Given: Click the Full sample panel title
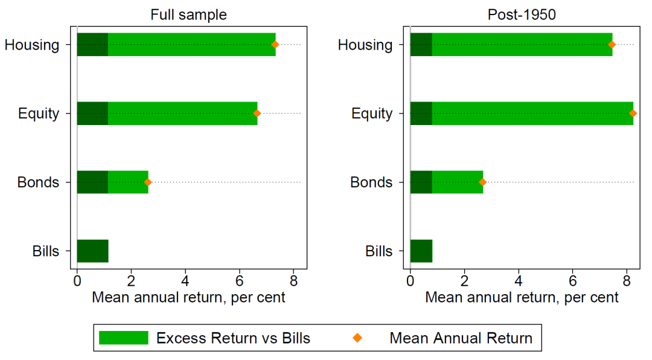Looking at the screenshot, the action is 188,15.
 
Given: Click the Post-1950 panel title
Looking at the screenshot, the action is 522,15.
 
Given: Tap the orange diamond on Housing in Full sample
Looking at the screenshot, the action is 275,45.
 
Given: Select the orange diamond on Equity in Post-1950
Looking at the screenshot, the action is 633,113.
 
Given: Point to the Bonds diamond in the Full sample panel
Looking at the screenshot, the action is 148,182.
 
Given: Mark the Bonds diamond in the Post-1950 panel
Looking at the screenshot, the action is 482,182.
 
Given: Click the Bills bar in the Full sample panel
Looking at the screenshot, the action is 93,251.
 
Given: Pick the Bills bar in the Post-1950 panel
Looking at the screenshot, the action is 421,251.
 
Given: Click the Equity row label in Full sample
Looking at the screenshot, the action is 39,114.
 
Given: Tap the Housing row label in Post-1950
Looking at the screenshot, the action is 365,45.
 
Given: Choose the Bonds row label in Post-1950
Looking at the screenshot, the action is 371,182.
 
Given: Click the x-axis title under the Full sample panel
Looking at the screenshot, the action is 188,298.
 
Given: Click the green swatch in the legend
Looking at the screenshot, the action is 124,338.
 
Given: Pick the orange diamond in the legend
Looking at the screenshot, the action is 357,338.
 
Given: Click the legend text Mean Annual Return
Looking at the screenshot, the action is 461,338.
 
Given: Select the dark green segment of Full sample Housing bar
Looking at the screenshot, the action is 93,45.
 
